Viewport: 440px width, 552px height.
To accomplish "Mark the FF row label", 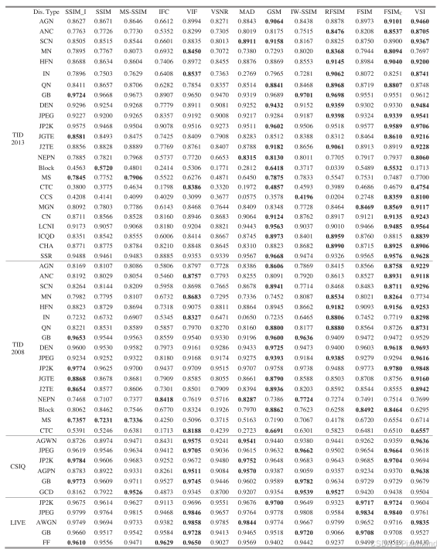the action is (46, 543).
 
